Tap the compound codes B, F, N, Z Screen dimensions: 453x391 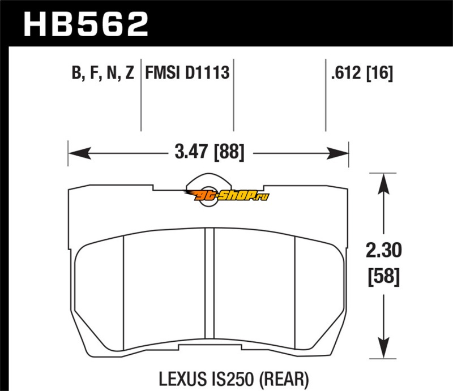103,72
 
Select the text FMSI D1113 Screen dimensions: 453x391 187,72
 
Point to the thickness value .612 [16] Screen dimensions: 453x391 362,72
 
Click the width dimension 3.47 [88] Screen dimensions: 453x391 210,152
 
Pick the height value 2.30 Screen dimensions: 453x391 384,250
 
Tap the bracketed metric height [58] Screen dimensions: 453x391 384,277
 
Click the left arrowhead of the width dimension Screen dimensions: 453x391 79,153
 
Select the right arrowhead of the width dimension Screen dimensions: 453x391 337,153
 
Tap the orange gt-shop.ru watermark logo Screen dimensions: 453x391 227,195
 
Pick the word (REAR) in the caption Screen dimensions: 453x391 284,379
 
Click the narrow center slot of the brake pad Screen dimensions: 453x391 210,283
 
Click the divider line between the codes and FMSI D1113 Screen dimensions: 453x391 141,95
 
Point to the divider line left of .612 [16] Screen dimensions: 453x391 326,95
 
